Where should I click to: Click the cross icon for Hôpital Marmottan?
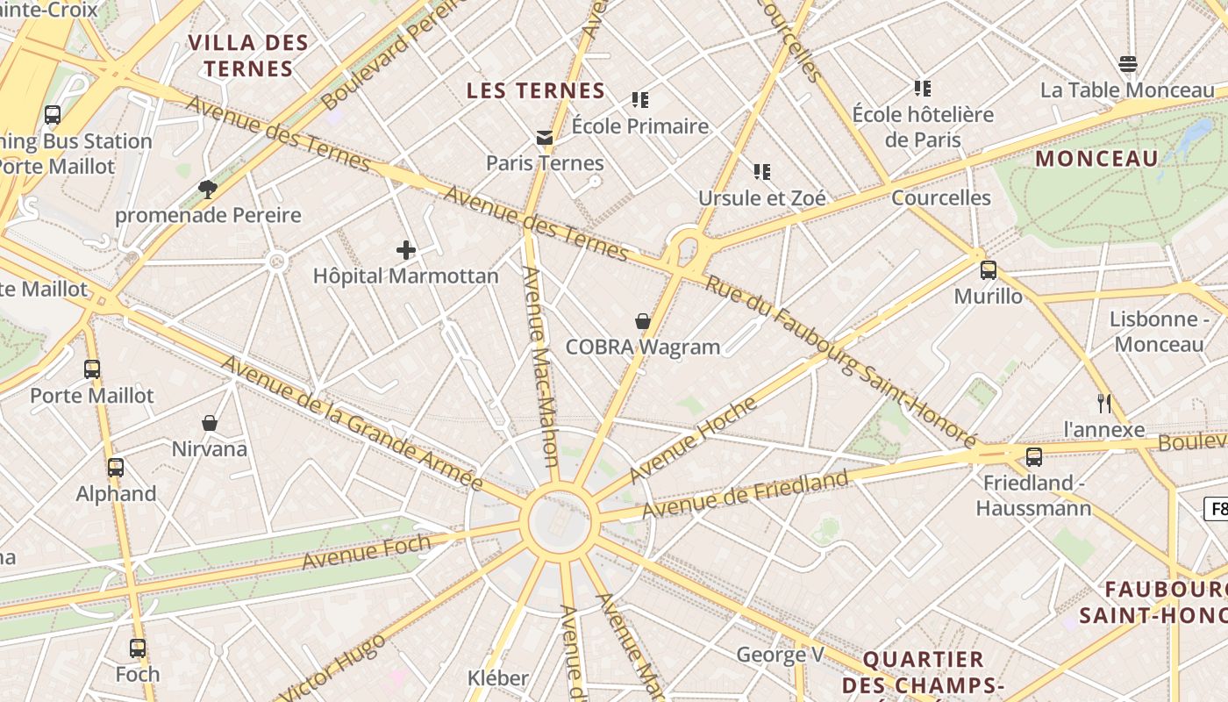tap(405, 250)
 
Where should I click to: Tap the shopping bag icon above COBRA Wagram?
tap(643, 321)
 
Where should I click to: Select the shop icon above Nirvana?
tap(210, 424)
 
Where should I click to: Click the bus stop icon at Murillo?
tap(989, 270)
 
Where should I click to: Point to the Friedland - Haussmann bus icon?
tap(1034, 457)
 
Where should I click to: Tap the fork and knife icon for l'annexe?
tap(1104, 404)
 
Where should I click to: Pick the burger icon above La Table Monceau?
tap(1128, 64)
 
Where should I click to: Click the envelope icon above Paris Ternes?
tap(545, 138)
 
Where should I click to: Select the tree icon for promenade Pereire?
tap(208, 190)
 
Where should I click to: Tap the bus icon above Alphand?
tap(116, 468)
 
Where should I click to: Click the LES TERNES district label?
tap(535, 90)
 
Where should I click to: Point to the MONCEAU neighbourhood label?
tap(1096, 159)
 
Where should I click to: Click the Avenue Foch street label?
tap(366, 551)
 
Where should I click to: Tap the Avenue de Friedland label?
tap(746, 494)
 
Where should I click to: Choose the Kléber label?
tap(498, 678)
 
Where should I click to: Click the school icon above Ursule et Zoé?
tap(761, 172)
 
